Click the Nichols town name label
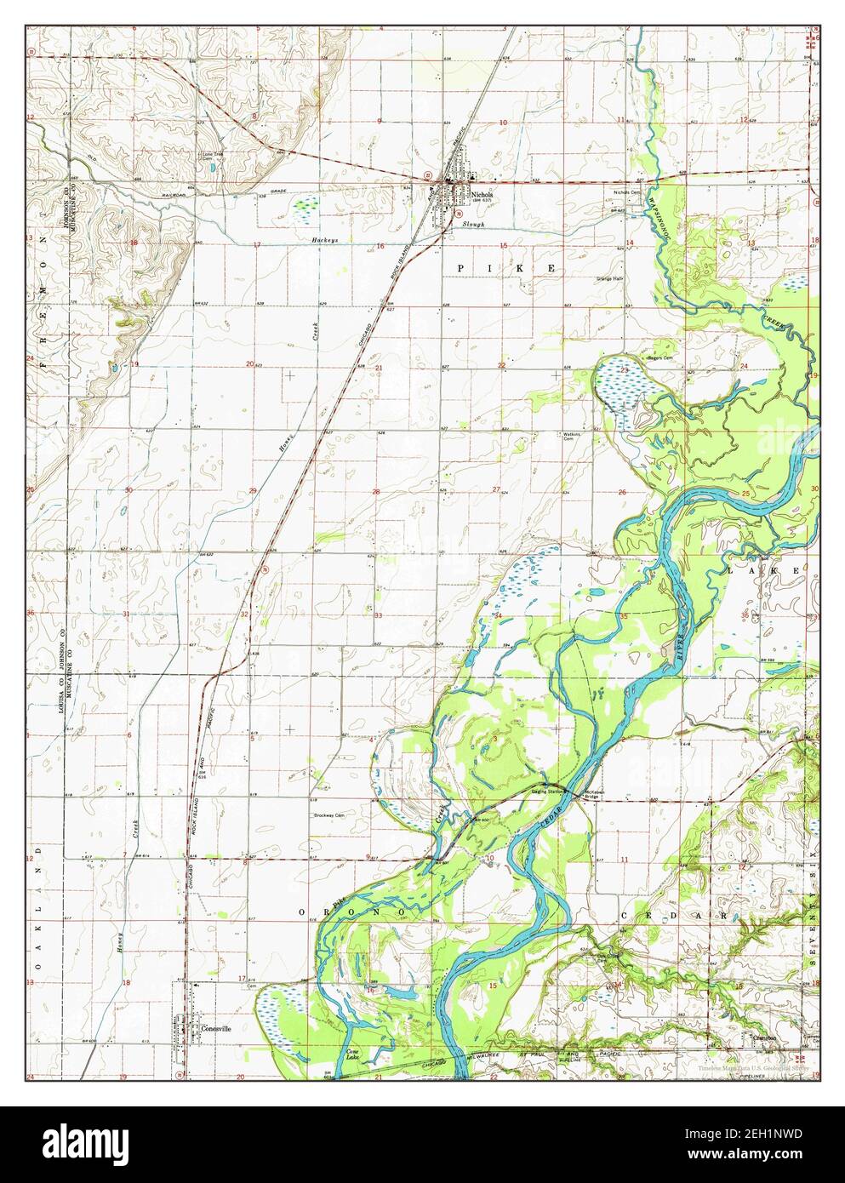[482, 194]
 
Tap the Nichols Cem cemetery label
[627, 192]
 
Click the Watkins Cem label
[571, 437]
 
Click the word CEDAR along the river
[551, 819]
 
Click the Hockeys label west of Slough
[324, 241]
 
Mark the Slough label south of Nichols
[473, 225]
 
